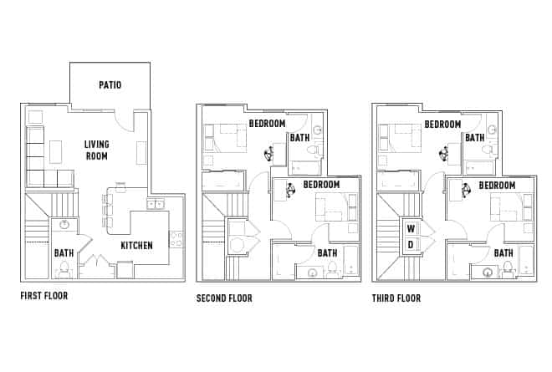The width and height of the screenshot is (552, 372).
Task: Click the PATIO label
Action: [x=110, y=84]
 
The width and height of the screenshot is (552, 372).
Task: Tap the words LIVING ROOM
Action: [x=97, y=150]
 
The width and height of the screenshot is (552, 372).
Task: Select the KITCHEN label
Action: [x=136, y=246]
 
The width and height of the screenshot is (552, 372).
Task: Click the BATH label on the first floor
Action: [x=64, y=252]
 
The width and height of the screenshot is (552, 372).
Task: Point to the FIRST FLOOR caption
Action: [x=44, y=296]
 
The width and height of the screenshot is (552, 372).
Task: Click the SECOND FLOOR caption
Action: [x=224, y=298]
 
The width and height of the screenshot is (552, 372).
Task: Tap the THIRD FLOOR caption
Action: [x=396, y=298]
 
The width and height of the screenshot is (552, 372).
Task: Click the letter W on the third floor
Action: [x=411, y=228]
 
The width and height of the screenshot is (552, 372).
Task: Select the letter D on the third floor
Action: [x=411, y=244]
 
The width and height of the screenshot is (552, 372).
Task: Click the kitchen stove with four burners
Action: [x=176, y=238]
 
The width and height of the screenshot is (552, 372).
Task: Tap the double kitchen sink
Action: [x=156, y=203]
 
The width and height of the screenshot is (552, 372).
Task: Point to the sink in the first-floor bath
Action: [x=63, y=225]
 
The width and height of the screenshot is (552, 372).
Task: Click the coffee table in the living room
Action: [x=57, y=151]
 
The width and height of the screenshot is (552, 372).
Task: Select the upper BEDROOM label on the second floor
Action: [x=267, y=124]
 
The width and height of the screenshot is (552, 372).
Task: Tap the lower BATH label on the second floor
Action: [x=327, y=252]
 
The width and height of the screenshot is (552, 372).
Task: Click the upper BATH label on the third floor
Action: [x=475, y=138]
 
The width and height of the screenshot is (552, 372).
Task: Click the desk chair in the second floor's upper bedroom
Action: [x=269, y=154]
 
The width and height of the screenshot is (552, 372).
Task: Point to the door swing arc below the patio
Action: [x=124, y=120]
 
